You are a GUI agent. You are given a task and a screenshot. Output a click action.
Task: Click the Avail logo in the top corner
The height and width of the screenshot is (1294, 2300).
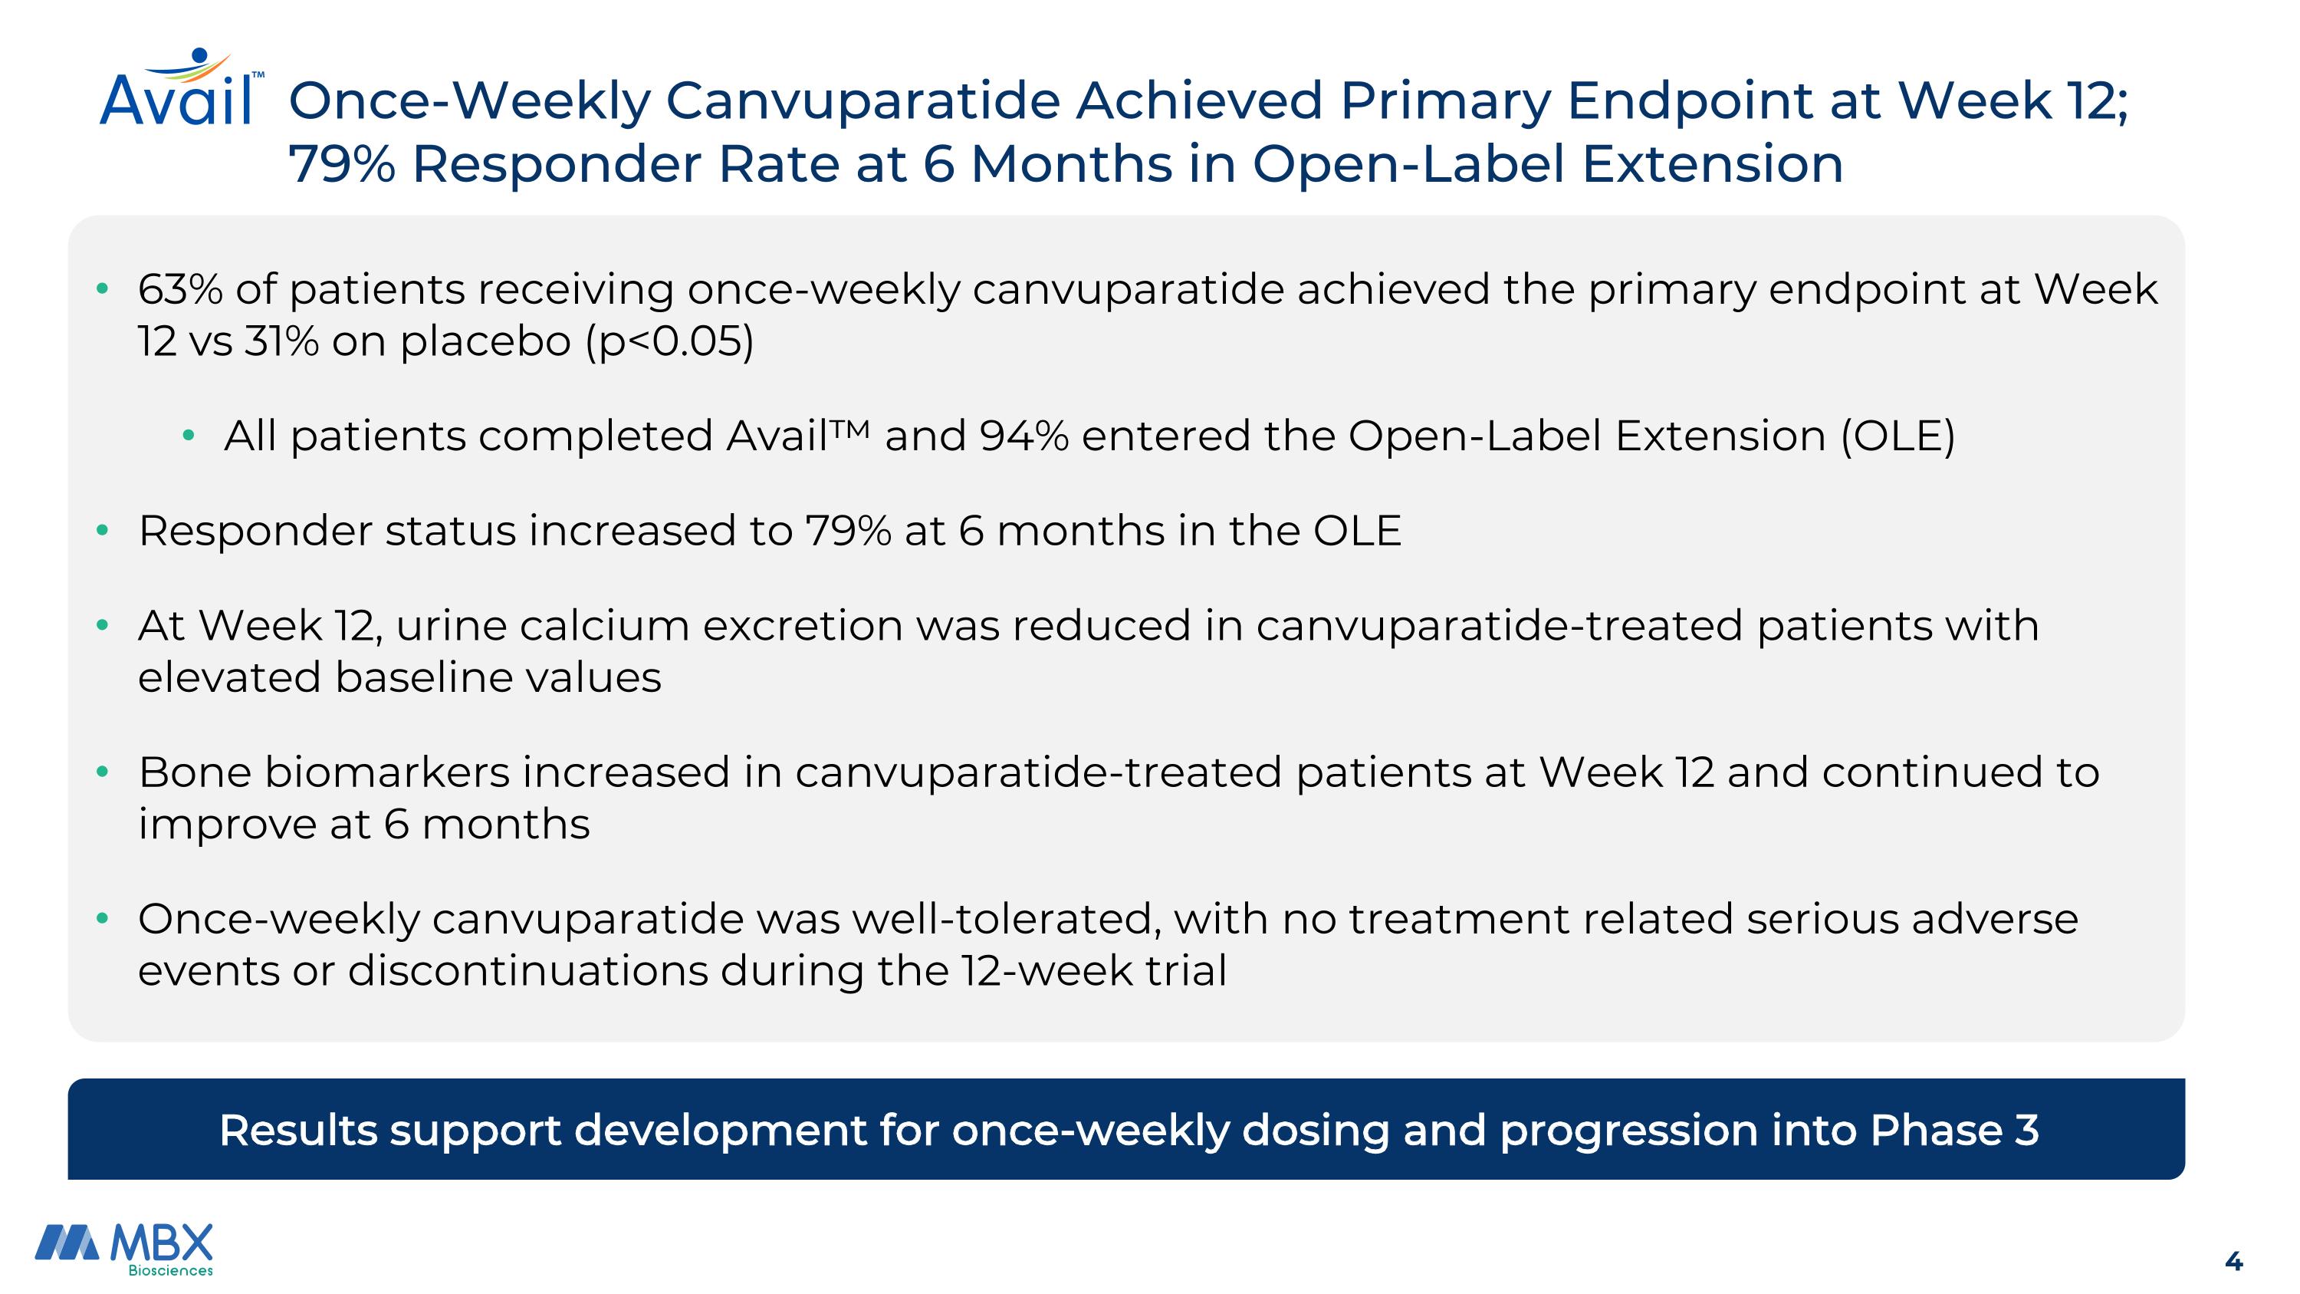coord(181,87)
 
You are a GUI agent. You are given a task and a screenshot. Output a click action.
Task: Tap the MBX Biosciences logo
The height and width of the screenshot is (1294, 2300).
coord(124,1250)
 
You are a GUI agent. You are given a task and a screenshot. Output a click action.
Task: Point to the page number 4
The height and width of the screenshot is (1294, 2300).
coord(2233,1261)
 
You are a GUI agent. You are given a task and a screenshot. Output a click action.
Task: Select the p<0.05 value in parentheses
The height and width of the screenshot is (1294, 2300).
coord(669,341)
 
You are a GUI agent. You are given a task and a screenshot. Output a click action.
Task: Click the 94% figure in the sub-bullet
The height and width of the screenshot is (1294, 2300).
coord(1024,436)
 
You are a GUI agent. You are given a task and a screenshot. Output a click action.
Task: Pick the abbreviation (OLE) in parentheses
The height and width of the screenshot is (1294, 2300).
coord(1898,436)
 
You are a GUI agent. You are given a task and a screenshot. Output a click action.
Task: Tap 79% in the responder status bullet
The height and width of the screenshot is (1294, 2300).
coord(848,531)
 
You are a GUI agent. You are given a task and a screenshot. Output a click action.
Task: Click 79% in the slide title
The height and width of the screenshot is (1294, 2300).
coord(342,164)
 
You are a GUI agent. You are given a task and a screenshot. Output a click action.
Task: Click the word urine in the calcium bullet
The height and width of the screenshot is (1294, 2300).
coord(451,625)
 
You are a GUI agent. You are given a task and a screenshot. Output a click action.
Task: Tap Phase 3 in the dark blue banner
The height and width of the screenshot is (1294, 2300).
coord(1953,1130)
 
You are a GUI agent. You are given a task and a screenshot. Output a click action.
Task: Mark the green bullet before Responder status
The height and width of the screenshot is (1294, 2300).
coord(102,531)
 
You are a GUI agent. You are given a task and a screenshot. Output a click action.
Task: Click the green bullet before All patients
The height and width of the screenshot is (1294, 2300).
coord(188,436)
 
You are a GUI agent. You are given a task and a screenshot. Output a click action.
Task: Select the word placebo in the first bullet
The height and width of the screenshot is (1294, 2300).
coord(486,341)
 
